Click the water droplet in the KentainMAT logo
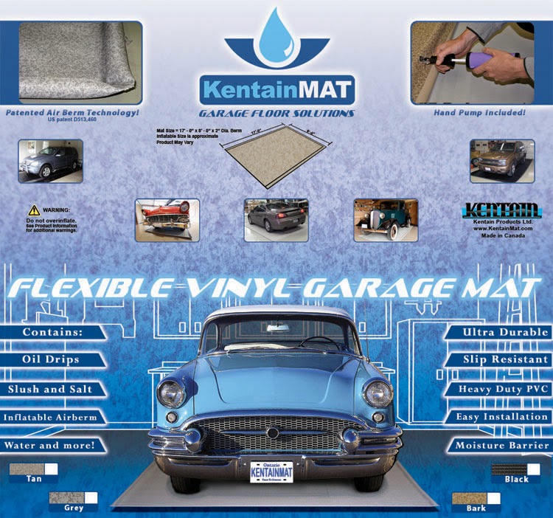coord(276,33)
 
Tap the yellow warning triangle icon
coord(34,210)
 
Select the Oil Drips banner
coord(51,359)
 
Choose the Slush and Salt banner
coord(51,389)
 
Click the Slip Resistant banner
coord(501,359)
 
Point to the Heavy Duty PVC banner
coord(501,389)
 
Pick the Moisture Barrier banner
coord(501,446)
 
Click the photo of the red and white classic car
coord(167,220)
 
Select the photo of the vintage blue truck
coord(386,220)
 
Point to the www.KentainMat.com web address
coord(503,228)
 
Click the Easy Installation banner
coord(501,417)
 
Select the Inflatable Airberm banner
coord(51,417)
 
